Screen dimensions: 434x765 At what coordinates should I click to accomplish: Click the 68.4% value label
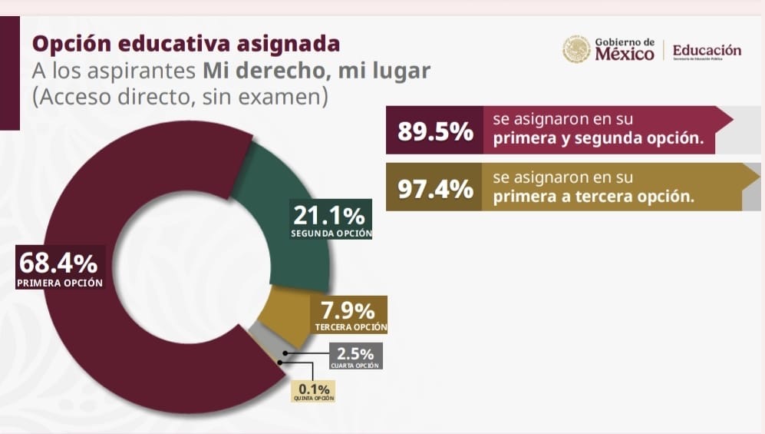58,263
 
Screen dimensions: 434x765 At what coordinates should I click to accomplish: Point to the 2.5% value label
355,353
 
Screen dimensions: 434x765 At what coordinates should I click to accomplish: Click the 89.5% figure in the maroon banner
435,131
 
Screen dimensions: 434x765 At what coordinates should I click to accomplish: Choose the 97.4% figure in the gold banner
435,188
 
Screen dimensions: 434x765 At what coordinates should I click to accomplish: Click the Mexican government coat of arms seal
576,49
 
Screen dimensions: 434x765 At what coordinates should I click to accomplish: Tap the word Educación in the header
707,50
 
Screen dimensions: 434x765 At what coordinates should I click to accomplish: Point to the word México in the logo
625,55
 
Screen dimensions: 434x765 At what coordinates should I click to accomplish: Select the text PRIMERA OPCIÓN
59,283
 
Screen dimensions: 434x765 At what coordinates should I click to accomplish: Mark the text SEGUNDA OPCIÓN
331,233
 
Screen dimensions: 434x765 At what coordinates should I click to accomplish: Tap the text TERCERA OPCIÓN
351,328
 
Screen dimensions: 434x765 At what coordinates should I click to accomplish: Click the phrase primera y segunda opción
602,140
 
